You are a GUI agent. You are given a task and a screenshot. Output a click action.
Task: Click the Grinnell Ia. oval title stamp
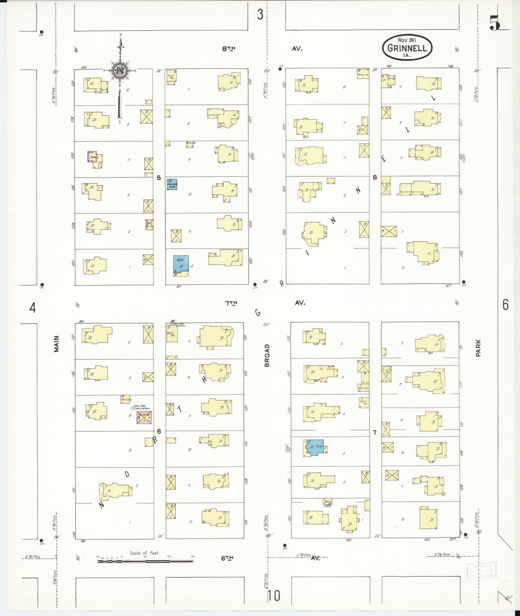coord(407,48)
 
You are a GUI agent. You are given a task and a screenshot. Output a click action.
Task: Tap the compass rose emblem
coord(120,71)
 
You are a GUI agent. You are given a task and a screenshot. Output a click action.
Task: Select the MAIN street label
coord(57,344)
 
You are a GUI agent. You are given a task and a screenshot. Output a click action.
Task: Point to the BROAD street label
coord(267,355)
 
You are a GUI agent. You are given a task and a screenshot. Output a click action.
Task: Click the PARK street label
coord(478,348)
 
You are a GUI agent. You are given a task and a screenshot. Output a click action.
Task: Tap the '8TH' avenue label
coord(229,49)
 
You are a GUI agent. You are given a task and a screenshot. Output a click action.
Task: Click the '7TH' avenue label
coord(231,303)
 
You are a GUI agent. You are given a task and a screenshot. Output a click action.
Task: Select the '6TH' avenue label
coord(227,558)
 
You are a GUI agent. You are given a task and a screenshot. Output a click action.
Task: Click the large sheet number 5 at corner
coord(495,23)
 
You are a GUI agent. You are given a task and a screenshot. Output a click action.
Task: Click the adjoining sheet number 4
coord(32,308)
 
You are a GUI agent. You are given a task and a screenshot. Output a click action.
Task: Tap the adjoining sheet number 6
coord(505,304)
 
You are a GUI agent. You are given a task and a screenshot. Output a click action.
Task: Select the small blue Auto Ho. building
coord(172,184)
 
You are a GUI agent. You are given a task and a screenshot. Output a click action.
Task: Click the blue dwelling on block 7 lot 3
coord(315,447)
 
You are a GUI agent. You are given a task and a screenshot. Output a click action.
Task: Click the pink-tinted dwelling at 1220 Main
coord(93,156)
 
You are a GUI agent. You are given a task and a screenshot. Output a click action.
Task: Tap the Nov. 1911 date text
coord(407,40)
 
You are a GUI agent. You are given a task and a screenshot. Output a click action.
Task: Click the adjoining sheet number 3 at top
coord(260,14)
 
